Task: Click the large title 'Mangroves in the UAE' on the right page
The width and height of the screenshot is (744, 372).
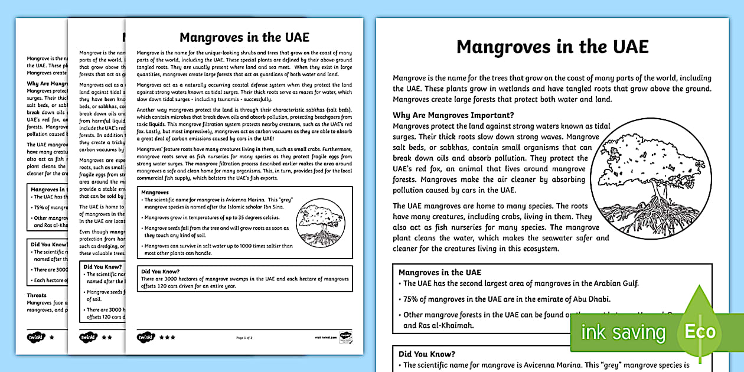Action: point(552,47)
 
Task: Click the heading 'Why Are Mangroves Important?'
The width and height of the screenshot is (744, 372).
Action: point(453,115)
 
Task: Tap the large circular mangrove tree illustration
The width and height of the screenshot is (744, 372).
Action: point(650,178)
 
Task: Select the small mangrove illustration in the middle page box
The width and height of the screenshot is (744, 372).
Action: point(319,224)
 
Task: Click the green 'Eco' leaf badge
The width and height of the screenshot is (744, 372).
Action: point(700,331)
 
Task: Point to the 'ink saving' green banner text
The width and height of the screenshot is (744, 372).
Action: point(623,332)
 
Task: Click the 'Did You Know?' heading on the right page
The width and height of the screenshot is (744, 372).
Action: point(426,354)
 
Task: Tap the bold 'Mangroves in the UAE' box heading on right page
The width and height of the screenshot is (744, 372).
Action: point(439,272)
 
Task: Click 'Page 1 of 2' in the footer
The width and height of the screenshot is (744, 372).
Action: point(244,338)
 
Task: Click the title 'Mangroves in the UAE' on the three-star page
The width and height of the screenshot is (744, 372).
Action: point(244,38)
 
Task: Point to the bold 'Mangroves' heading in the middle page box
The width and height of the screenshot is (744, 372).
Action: point(155,192)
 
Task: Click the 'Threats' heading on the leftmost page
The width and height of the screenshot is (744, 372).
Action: point(36,295)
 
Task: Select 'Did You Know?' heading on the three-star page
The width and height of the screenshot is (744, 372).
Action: point(161,272)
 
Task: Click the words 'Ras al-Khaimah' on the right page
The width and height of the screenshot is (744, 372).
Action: point(438,325)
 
